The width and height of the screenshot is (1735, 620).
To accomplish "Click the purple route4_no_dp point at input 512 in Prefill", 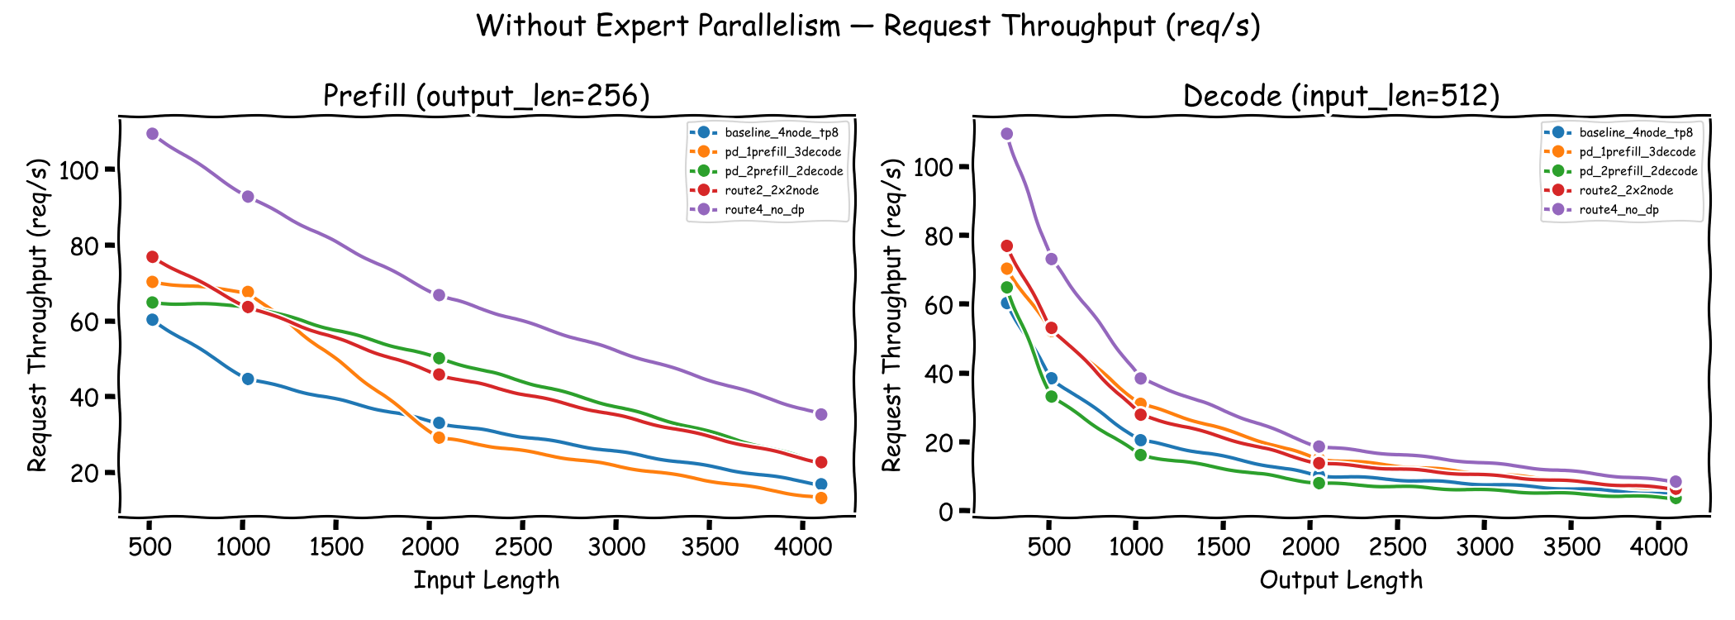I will pos(152,134).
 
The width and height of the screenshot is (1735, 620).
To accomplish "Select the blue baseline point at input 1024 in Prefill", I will pos(247,379).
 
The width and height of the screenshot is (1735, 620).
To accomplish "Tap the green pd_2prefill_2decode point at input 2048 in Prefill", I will pos(439,358).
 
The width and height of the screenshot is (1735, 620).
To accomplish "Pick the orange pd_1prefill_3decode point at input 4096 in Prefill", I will pos(821,498).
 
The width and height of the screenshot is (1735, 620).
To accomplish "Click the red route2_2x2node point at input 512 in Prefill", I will pos(152,257).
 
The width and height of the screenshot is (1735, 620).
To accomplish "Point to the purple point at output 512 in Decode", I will pos(1051,259).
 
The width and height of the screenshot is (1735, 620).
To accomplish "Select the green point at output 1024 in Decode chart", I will pos(1140,455).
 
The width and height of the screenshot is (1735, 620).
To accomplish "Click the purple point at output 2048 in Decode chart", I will pos(1319,446).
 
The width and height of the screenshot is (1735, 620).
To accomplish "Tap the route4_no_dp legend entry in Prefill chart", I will pos(764,210).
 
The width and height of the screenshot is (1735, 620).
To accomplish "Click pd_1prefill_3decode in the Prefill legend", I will pos(782,152).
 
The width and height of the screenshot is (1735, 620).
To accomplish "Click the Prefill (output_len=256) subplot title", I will pos(486,96).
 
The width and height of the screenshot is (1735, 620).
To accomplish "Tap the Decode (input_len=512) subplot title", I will pos(1341,96).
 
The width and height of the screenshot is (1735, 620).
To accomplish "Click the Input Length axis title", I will pos(486,580).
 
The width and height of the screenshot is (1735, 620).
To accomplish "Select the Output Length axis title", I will pos(1341,580).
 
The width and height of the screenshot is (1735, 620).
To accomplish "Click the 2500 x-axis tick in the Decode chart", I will pos(1397,547).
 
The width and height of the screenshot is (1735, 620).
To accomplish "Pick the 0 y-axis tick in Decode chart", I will pos(944,512).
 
